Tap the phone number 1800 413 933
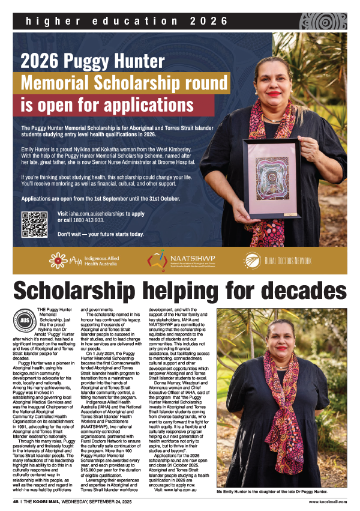point(95,220)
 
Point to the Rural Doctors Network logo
point(278,260)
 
